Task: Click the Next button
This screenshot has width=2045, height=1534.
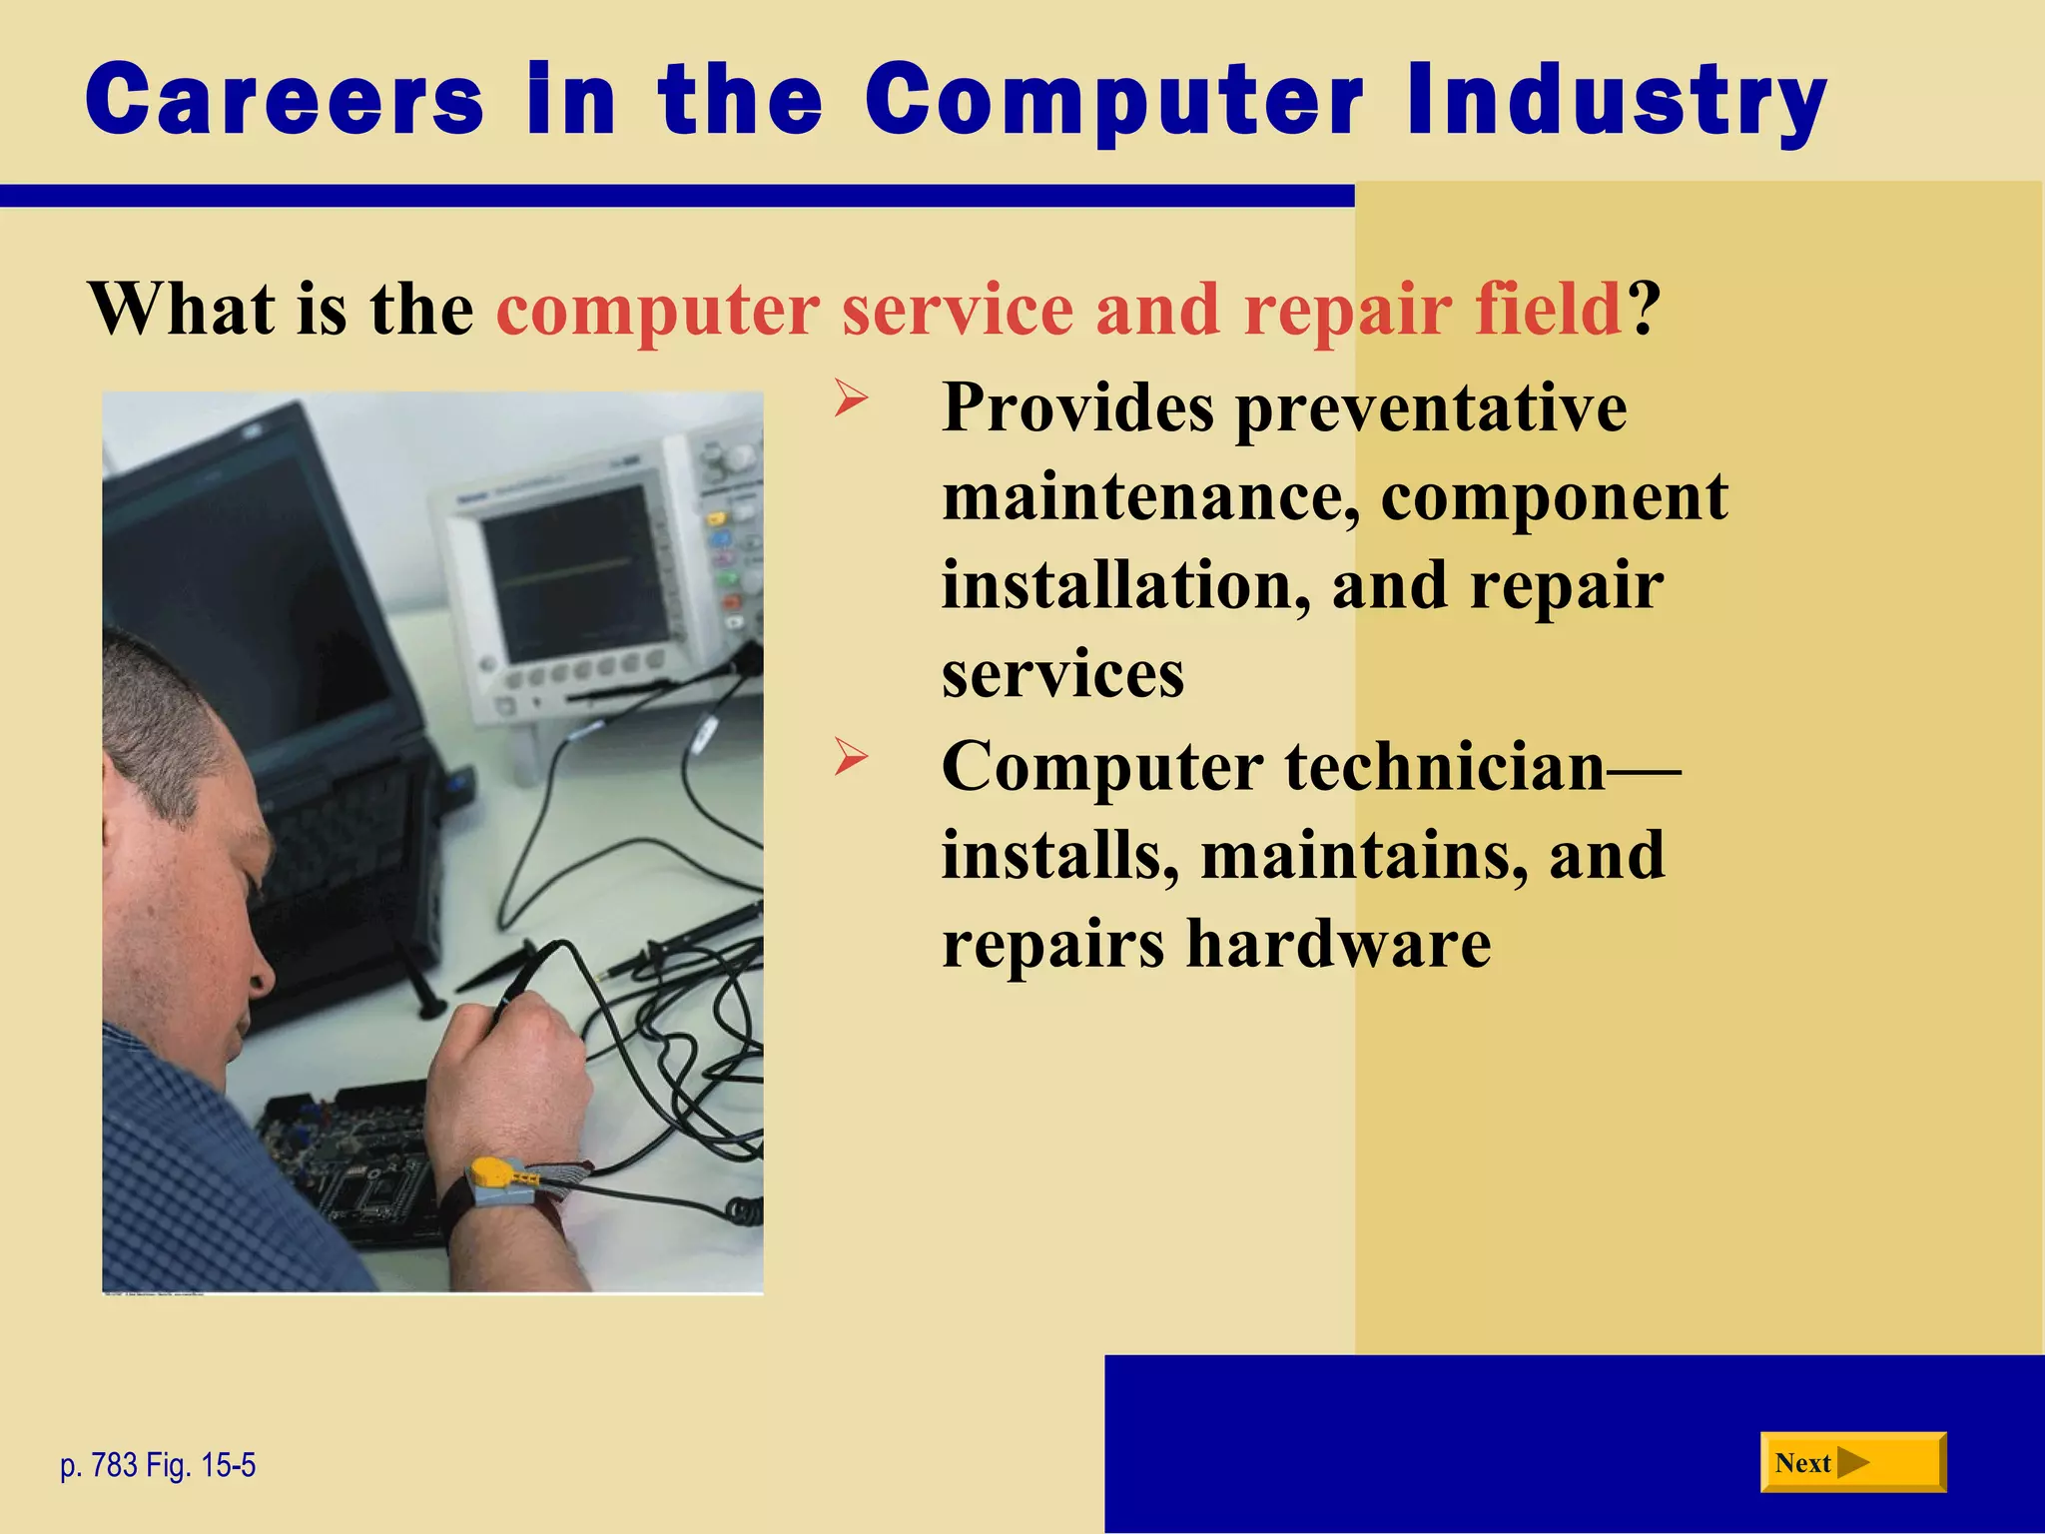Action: (1851, 1463)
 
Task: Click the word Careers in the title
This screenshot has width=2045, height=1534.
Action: (285, 100)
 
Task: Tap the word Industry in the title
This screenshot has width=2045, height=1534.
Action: (1616, 100)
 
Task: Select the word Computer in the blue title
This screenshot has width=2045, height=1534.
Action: (1113, 100)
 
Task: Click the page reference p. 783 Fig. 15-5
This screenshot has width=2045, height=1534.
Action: (158, 1465)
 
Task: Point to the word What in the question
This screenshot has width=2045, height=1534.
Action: (182, 309)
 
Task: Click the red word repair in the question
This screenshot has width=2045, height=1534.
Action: (1347, 309)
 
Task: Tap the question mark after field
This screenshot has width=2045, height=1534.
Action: (1644, 309)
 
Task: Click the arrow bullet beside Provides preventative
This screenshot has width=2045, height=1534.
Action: (851, 401)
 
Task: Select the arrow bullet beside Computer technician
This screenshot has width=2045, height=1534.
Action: (851, 759)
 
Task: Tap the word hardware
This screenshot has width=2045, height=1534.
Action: (1338, 943)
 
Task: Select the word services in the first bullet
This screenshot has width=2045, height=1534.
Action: (1062, 674)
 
